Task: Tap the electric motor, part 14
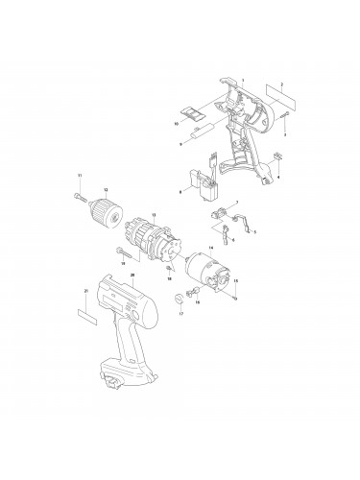click(x=208, y=270)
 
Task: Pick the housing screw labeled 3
click(x=286, y=116)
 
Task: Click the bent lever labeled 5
click(x=249, y=226)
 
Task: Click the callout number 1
click(x=244, y=79)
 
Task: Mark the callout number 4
click(x=279, y=179)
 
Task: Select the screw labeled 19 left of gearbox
click(x=119, y=250)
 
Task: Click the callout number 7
click(x=236, y=201)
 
